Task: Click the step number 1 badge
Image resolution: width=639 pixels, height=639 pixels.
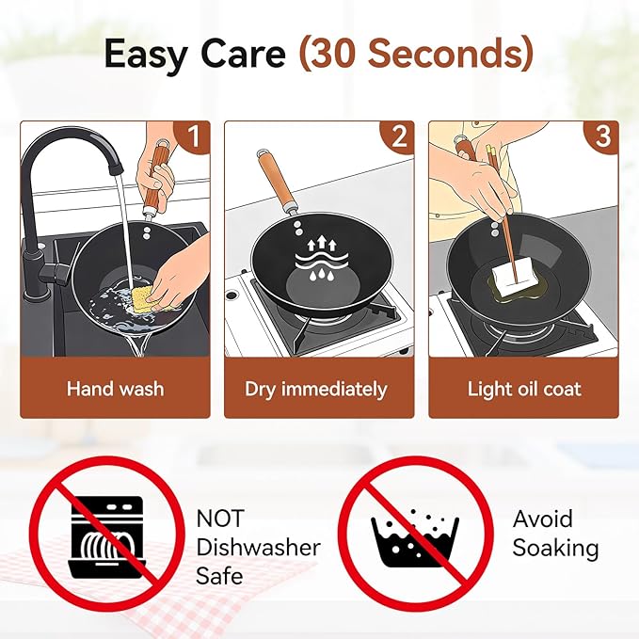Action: click(x=192, y=136)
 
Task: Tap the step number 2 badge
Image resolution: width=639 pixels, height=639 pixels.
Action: click(x=398, y=136)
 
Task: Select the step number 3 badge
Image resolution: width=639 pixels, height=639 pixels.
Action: click(x=602, y=136)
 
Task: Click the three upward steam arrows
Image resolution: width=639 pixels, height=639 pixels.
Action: click(x=322, y=244)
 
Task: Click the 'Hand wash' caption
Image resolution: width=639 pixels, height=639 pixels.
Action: click(x=116, y=389)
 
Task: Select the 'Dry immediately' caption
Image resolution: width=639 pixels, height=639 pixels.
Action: click(x=316, y=390)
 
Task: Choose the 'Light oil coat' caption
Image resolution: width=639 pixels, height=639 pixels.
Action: click(x=524, y=389)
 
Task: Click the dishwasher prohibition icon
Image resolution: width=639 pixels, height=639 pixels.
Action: click(x=106, y=534)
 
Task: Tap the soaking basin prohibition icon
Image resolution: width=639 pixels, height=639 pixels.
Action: click(x=416, y=534)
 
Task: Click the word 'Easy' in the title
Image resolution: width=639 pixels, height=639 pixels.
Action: click(x=148, y=55)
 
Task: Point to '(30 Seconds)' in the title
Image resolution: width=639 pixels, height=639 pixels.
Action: click(x=416, y=54)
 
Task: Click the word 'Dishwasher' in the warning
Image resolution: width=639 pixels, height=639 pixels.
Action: click(x=259, y=548)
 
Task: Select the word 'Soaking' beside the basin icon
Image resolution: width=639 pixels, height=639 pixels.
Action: click(x=555, y=549)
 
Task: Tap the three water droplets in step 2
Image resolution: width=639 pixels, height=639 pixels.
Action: click(x=322, y=274)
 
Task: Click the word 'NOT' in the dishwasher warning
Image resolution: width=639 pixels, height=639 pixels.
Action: click(x=220, y=519)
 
